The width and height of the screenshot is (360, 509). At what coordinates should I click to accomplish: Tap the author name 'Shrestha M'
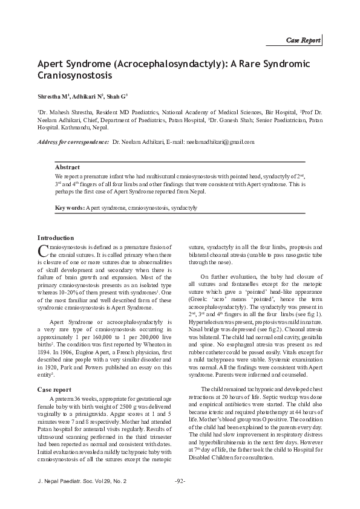point(53,96)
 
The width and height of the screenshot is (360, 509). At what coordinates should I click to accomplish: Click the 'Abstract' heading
point(67,166)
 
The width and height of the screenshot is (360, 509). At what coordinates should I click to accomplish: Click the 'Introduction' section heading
point(56,238)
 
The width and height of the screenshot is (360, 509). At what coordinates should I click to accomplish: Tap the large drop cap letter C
point(42,251)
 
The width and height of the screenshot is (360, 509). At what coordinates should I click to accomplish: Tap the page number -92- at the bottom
point(180,481)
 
